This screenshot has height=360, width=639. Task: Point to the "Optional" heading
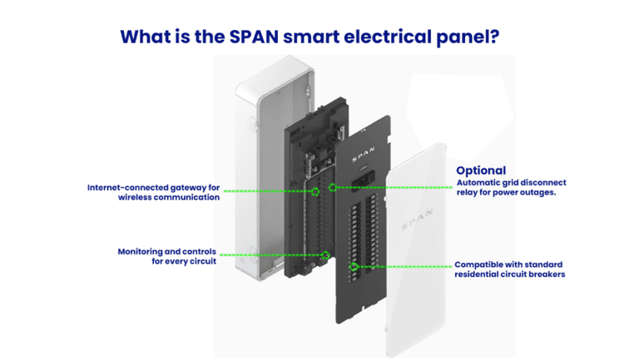coord(481,170)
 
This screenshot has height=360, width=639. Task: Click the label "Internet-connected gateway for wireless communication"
coord(154,192)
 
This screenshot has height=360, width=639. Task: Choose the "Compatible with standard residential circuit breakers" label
coord(510,269)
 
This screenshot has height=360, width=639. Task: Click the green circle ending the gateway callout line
coord(315,192)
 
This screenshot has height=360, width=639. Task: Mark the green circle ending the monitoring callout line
coord(326,255)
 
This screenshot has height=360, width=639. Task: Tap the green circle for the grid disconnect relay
coord(333,187)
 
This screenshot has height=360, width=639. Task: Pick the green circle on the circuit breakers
coord(355,268)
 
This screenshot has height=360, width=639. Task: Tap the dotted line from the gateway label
coord(266,192)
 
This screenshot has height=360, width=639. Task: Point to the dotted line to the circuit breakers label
coord(404,268)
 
